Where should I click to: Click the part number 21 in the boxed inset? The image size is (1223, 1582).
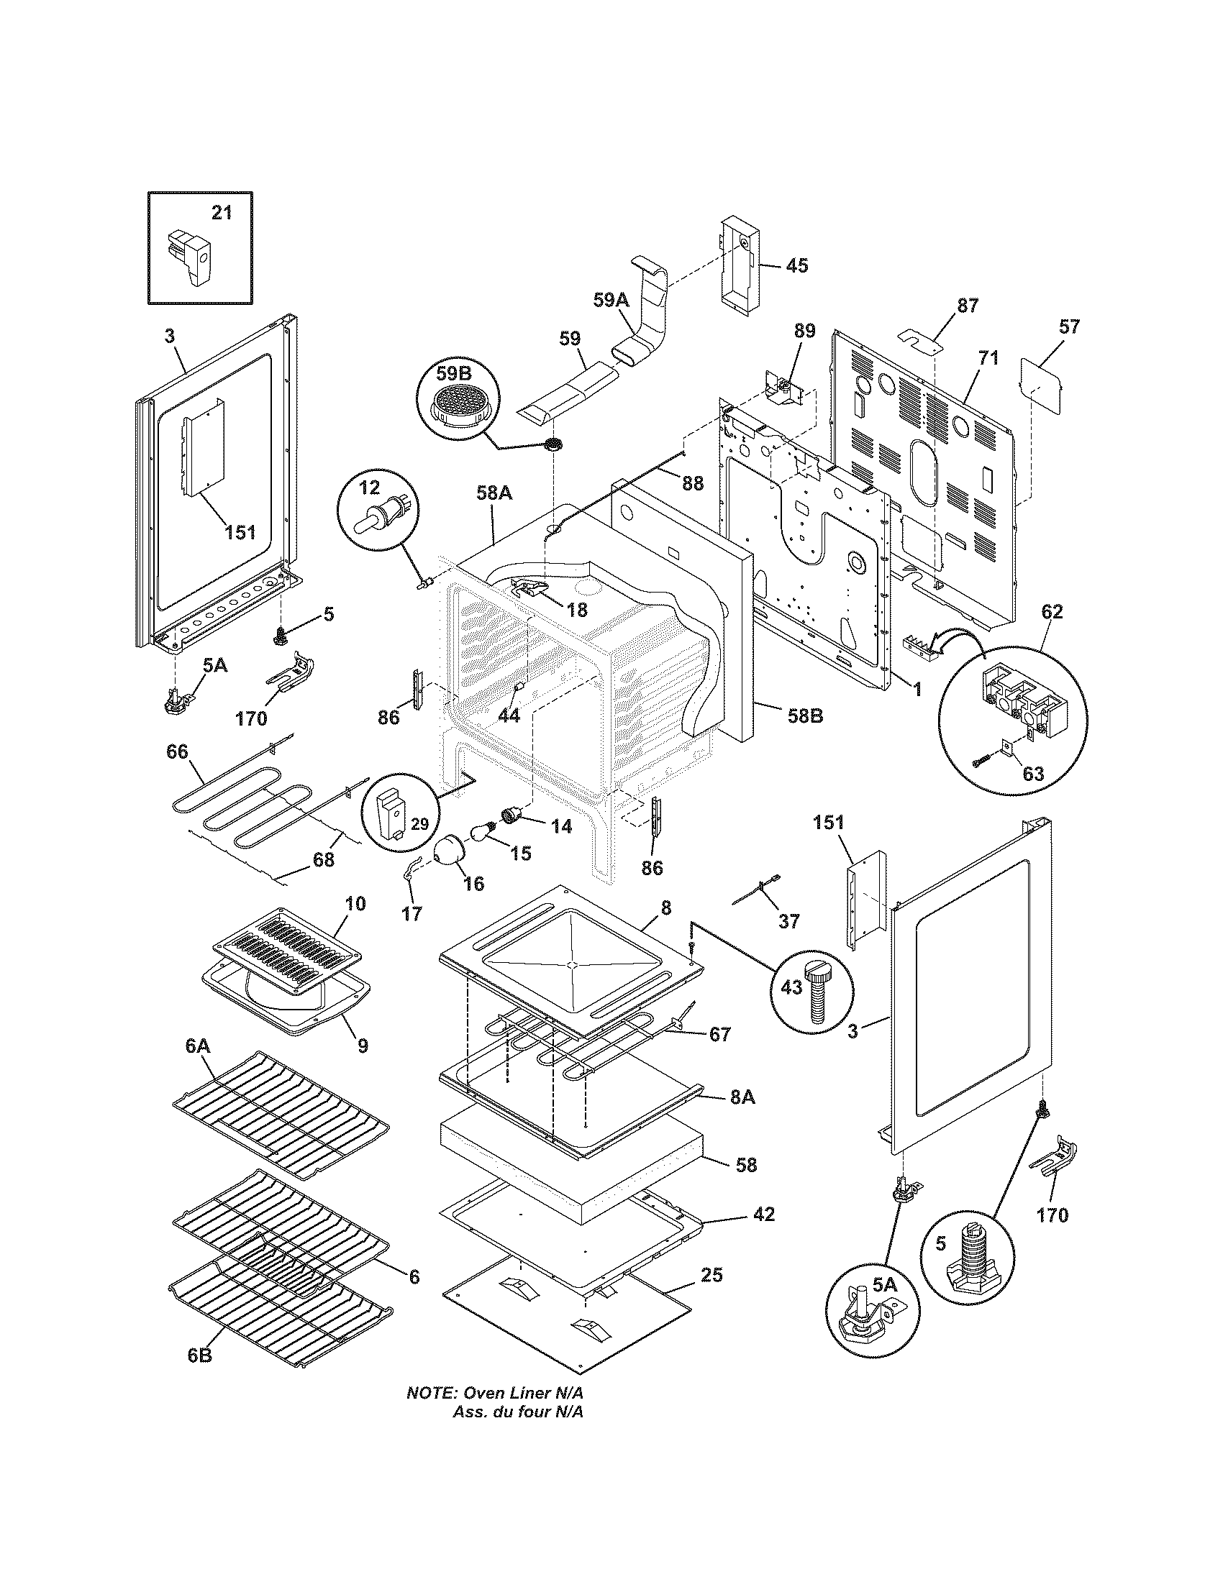pos(222,213)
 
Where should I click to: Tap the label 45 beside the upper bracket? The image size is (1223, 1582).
pos(796,265)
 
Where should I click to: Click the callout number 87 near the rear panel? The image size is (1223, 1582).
pos(967,305)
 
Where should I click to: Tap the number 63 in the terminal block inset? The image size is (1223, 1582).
pos(1032,774)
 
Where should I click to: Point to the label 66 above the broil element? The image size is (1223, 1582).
pos(178,751)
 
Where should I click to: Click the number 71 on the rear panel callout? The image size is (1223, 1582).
pos(988,358)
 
